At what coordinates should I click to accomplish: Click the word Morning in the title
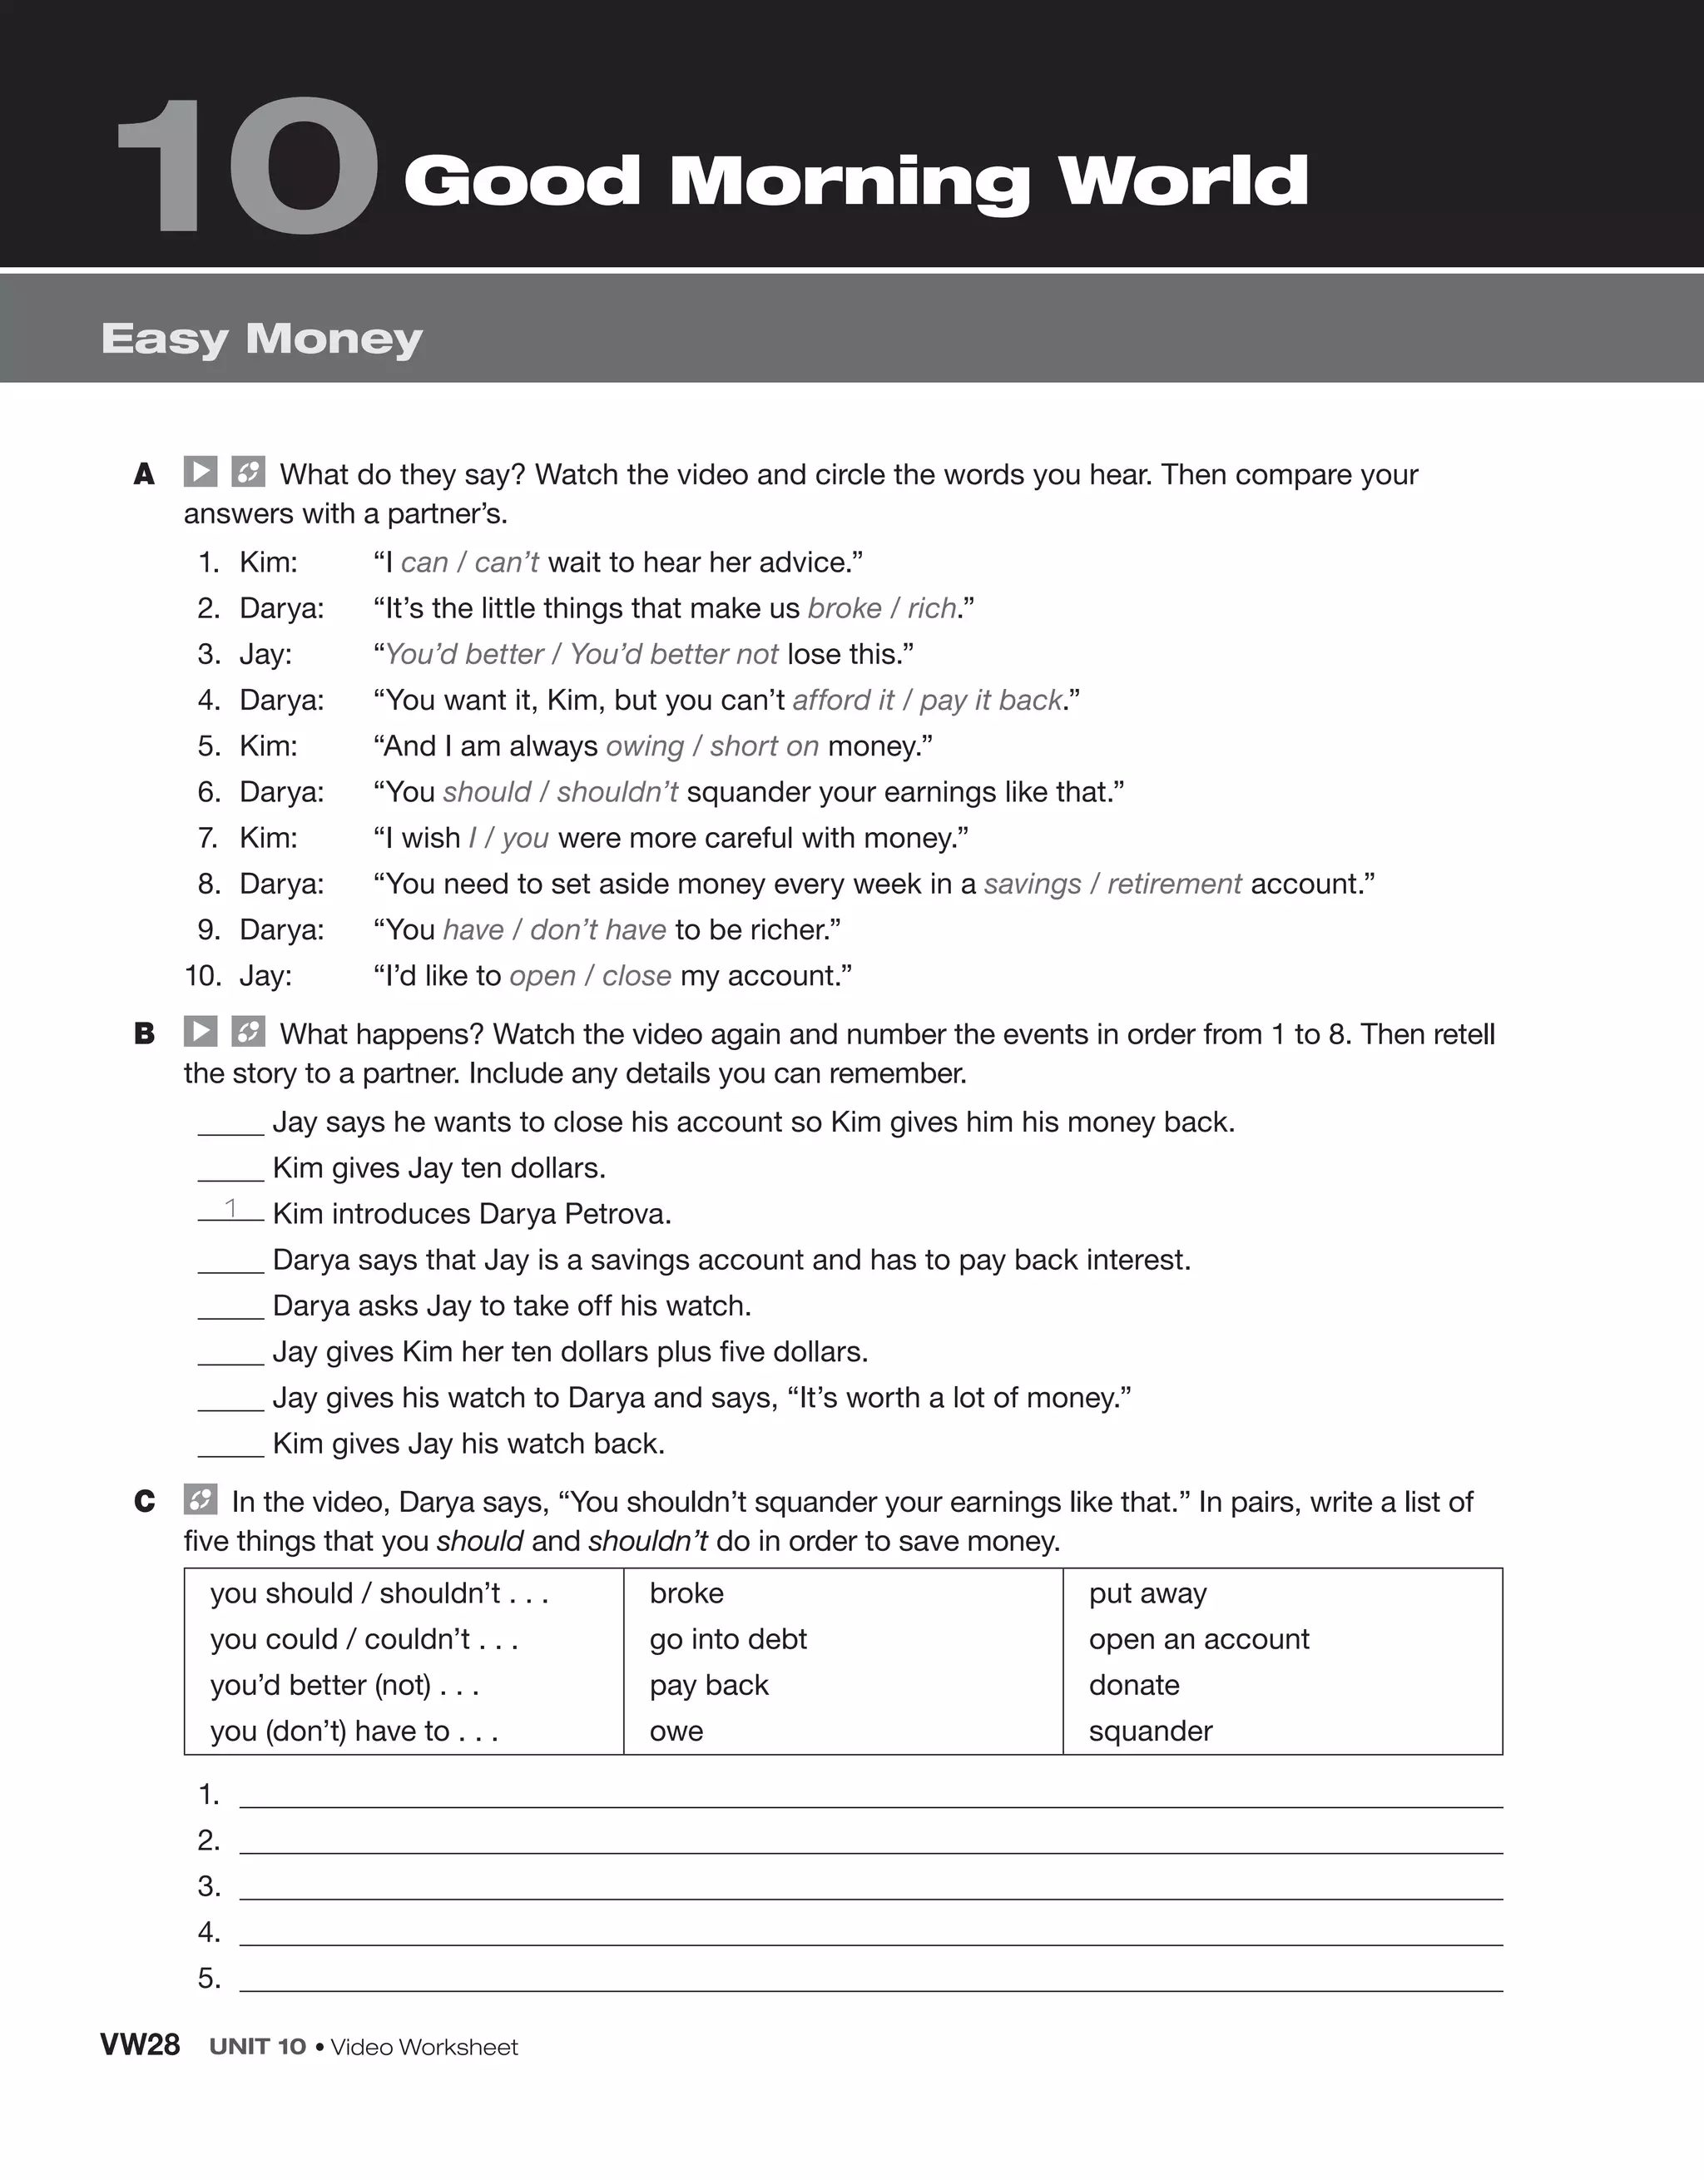[x=850, y=183]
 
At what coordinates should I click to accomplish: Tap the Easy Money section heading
[x=261, y=339]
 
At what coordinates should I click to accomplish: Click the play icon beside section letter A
[x=201, y=471]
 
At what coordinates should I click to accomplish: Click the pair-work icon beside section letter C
[x=201, y=1499]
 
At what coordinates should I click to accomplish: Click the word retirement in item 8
[x=1174, y=884]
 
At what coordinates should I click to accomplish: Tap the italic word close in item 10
[x=636, y=975]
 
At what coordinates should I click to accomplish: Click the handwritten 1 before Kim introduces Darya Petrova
[x=230, y=1208]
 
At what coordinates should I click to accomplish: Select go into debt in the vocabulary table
[x=728, y=1639]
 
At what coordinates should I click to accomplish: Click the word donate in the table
[x=1134, y=1685]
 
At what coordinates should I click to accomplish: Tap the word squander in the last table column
[x=1150, y=1731]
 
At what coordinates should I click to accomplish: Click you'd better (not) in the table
[x=344, y=1685]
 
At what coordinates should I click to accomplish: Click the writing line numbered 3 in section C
[x=870, y=1889]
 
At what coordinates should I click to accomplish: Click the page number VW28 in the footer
[x=140, y=2045]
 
